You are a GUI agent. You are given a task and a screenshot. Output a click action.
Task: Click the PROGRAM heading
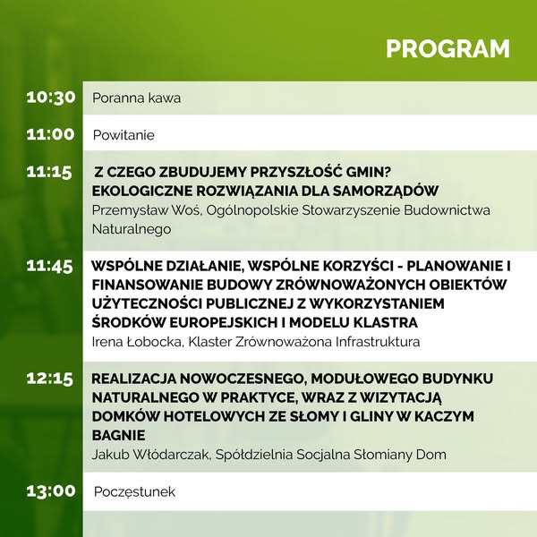click(447, 48)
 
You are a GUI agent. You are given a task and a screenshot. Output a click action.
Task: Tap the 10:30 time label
click(51, 98)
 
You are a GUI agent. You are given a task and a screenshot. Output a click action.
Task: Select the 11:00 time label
click(50, 134)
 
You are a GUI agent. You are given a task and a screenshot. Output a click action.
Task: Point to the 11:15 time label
click(49, 172)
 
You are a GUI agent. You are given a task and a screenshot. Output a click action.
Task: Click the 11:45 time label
click(49, 266)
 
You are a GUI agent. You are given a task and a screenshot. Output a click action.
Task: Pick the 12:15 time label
click(49, 379)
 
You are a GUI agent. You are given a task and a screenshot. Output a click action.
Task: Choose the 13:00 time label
click(51, 490)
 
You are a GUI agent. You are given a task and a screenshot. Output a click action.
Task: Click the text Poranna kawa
click(136, 98)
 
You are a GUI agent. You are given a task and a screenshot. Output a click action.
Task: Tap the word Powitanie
click(124, 135)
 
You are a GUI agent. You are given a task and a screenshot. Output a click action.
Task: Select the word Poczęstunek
click(134, 492)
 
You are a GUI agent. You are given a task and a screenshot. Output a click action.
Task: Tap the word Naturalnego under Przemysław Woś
click(132, 229)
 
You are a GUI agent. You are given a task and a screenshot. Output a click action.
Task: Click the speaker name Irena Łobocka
click(136, 342)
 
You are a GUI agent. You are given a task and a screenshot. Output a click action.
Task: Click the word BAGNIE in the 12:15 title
click(119, 436)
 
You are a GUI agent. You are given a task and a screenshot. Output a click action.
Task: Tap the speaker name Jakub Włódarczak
click(150, 455)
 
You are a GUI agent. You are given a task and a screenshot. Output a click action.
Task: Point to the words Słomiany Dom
click(400, 455)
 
